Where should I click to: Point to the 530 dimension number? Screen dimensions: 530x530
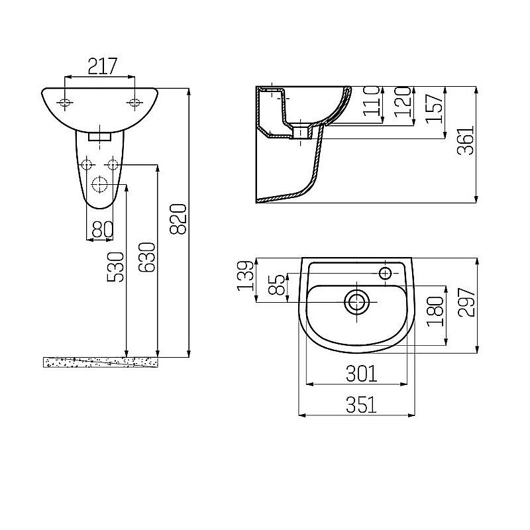coord(115,266)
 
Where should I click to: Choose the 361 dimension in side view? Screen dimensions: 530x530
coord(467,140)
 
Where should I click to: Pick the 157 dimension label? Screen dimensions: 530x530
coord(434,105)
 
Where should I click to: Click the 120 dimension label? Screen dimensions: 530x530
coord(403,101)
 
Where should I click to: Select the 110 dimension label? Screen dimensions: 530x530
coord(373,101)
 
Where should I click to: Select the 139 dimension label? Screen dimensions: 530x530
coord(245,276)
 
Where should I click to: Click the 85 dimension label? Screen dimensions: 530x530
coord(278,286)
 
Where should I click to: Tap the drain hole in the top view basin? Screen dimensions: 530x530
coord(357,301)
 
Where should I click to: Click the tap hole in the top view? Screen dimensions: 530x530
coord(386,272)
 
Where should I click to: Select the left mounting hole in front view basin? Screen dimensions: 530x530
coord(65,103)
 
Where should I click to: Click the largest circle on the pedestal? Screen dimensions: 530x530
coord(99,184)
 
